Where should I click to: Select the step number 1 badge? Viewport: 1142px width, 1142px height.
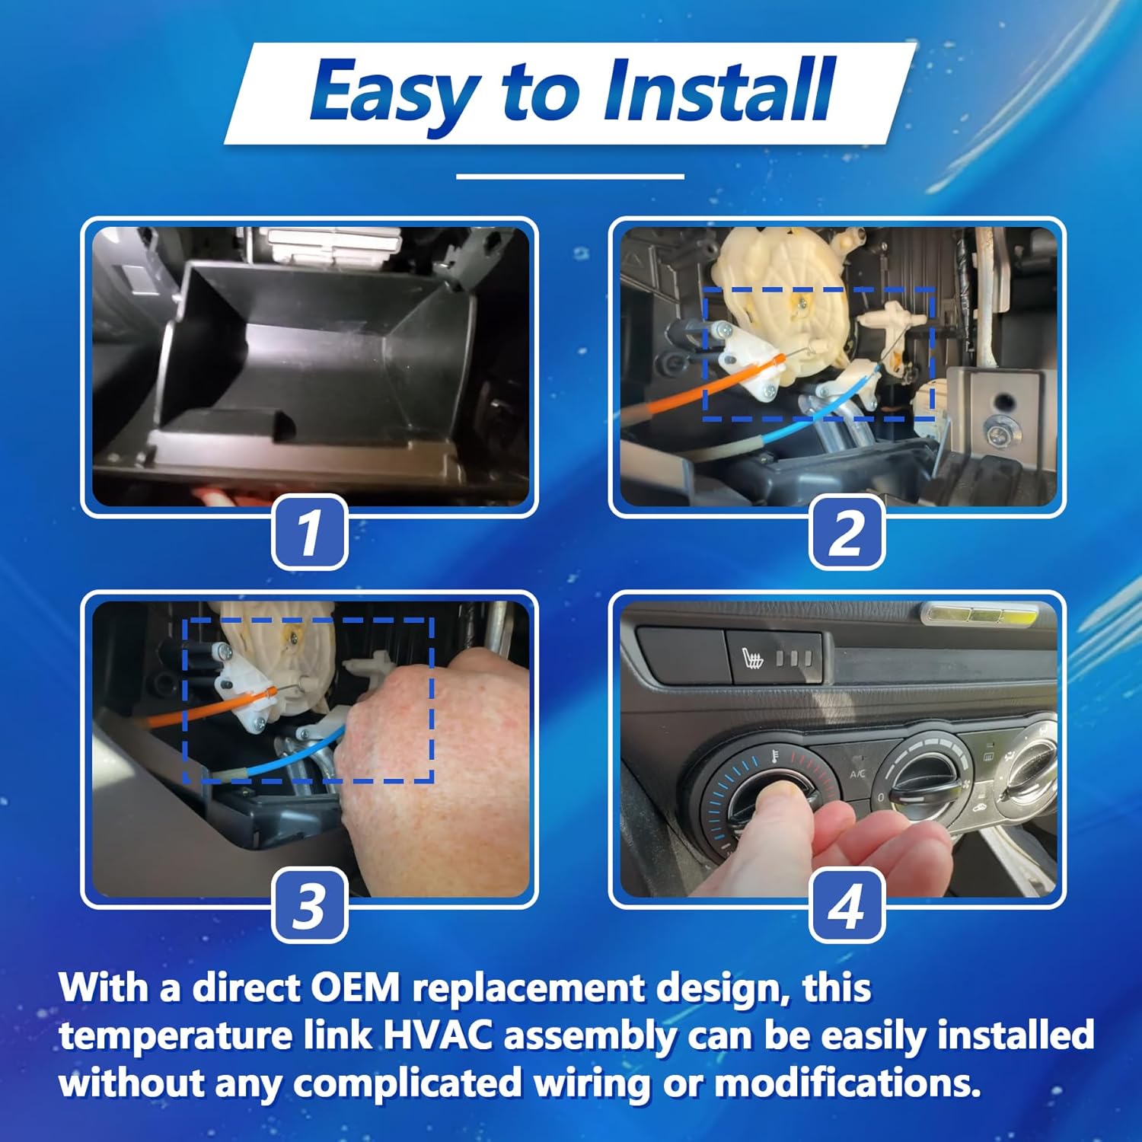click(309, 532)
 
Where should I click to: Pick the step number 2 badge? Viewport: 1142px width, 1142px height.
click(846, 532)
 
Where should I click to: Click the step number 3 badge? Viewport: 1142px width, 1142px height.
click(309, 905)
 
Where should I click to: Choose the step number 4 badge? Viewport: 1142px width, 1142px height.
click(846, 905)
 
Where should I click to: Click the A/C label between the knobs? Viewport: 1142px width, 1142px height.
click(858, 774)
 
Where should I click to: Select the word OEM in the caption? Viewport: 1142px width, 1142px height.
click(355, 987)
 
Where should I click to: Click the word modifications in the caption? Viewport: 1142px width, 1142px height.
click(847, 1083)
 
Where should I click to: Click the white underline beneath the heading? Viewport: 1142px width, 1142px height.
click(569, 177)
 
